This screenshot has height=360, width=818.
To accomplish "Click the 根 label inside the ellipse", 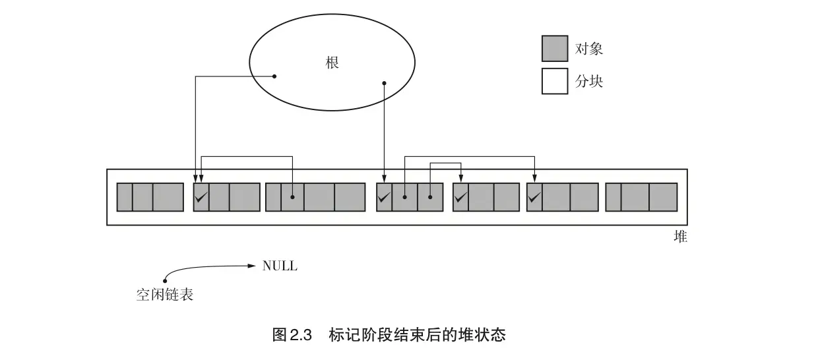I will (332, 63).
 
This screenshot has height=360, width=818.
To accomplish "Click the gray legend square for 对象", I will (554, 49).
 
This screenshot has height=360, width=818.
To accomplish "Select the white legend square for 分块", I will (554, 81).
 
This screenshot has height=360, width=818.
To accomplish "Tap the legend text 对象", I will (589, 49).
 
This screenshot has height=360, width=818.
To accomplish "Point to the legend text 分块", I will (589, 81).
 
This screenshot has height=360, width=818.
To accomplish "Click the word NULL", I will (280, 266).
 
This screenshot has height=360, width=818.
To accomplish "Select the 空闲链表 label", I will (165, 295).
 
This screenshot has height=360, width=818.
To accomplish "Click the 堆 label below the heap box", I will (680, 237).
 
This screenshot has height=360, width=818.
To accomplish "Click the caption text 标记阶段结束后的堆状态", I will (417, 335).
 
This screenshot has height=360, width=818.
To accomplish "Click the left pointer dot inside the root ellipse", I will (274, 76).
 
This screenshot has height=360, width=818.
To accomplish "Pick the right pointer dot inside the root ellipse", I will (385, 83).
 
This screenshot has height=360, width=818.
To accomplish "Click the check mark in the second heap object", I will (201, 196).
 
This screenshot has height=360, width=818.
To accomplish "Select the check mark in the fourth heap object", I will (384, 196).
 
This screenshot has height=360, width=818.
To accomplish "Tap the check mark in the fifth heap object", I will (460, 196).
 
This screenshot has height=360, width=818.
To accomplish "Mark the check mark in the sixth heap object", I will (534, 196).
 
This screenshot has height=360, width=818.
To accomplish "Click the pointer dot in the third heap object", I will (292, 196).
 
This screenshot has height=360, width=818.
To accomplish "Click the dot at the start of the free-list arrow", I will (164, 282).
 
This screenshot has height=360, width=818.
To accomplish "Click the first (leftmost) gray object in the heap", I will (150, 197).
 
